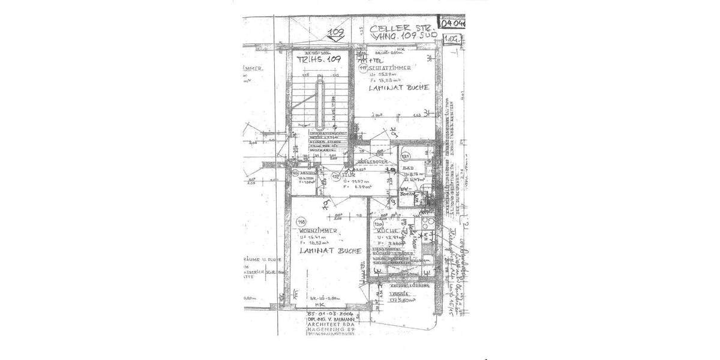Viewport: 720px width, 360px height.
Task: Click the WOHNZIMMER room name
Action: pyautogui.click(x=318, y=230)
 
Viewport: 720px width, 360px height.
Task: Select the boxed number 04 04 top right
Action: pyautogui.click(x=454, y=25)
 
